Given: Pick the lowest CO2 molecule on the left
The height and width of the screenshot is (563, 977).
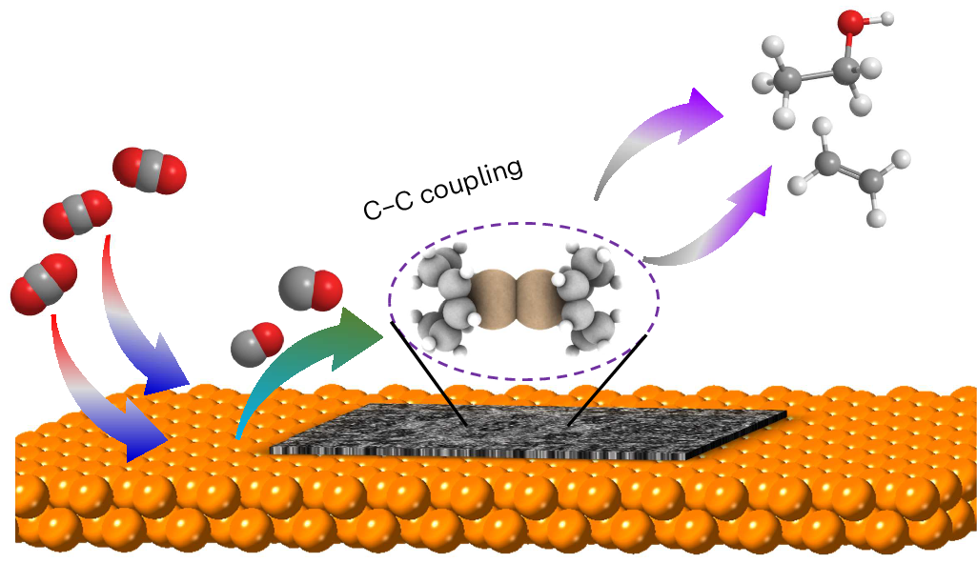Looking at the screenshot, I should pyautogui.click(x=43, y=283).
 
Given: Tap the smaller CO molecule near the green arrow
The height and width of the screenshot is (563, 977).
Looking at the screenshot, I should pyautogui.click(x=257, y=343).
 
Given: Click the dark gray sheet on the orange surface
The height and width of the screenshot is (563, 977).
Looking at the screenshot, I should pyautogui.click(x=534, y=433).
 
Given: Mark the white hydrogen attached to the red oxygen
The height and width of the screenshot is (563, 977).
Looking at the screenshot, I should pyautogui.click(x=887, y=17).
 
